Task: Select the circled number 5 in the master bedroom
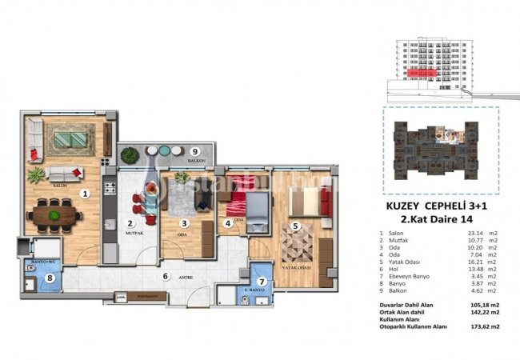pos(295,226)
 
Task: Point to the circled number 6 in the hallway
pos(165,277)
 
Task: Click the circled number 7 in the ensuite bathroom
pos(262,281)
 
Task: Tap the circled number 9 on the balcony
pos(195,151)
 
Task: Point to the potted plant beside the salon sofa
pos(36,174)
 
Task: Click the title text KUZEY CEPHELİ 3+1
pos(431,206)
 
